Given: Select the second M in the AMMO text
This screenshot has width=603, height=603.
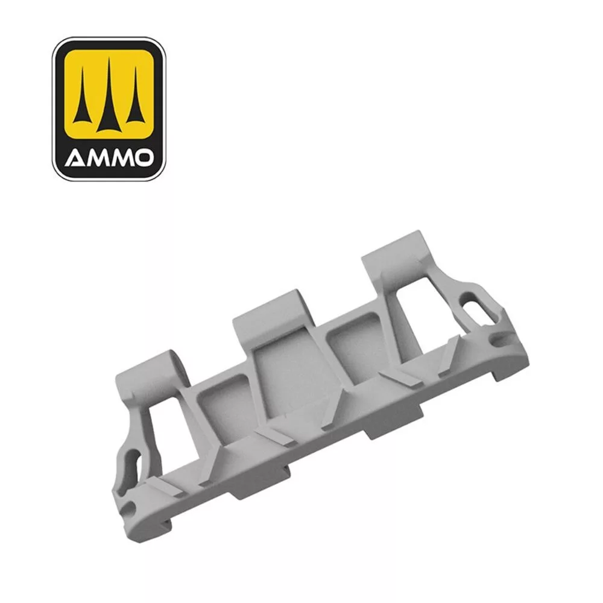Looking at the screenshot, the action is pyautogui.click(x=119, y=159).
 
